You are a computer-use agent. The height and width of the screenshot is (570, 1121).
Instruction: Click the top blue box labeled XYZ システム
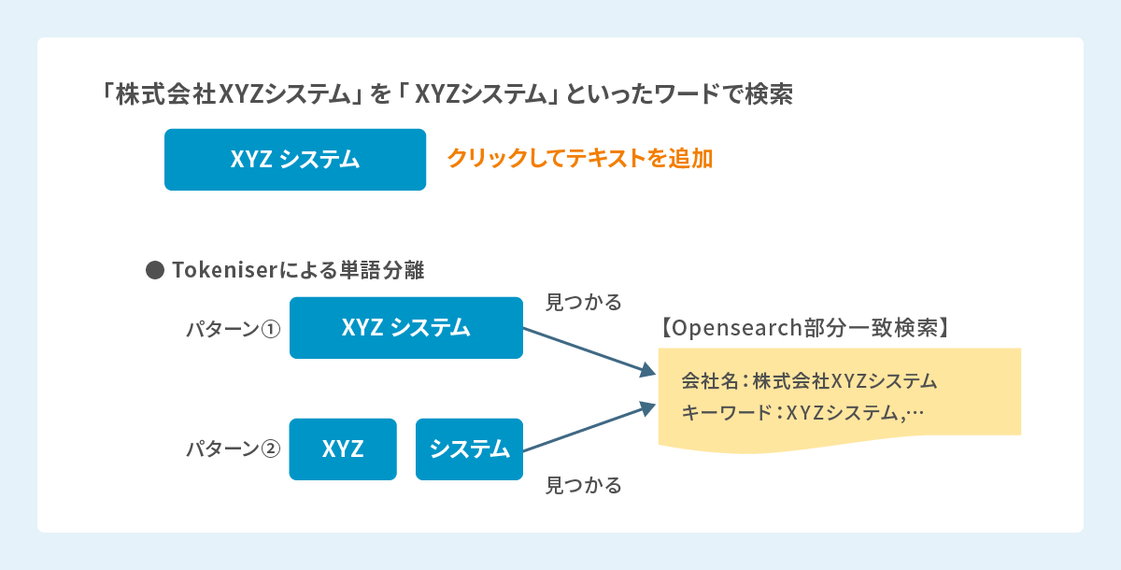[x=294, y=160]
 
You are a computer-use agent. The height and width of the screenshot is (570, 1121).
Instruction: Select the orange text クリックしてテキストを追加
[x=579, y=159]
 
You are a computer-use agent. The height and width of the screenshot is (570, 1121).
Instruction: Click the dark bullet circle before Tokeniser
[x=155, y=271]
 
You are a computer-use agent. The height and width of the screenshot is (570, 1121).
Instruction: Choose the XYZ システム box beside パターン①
[x=405, y=328]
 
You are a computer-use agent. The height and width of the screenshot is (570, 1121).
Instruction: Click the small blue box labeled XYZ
[x=343, y=449]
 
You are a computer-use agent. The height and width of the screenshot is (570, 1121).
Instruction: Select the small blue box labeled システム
[x=469, y=449]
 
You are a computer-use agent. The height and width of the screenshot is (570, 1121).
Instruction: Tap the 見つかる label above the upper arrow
[x=583, y=303]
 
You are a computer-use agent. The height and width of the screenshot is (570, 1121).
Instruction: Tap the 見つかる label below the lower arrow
[x=583, y=486]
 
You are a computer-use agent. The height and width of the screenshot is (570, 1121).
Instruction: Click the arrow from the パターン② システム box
[x=589, y=428]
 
